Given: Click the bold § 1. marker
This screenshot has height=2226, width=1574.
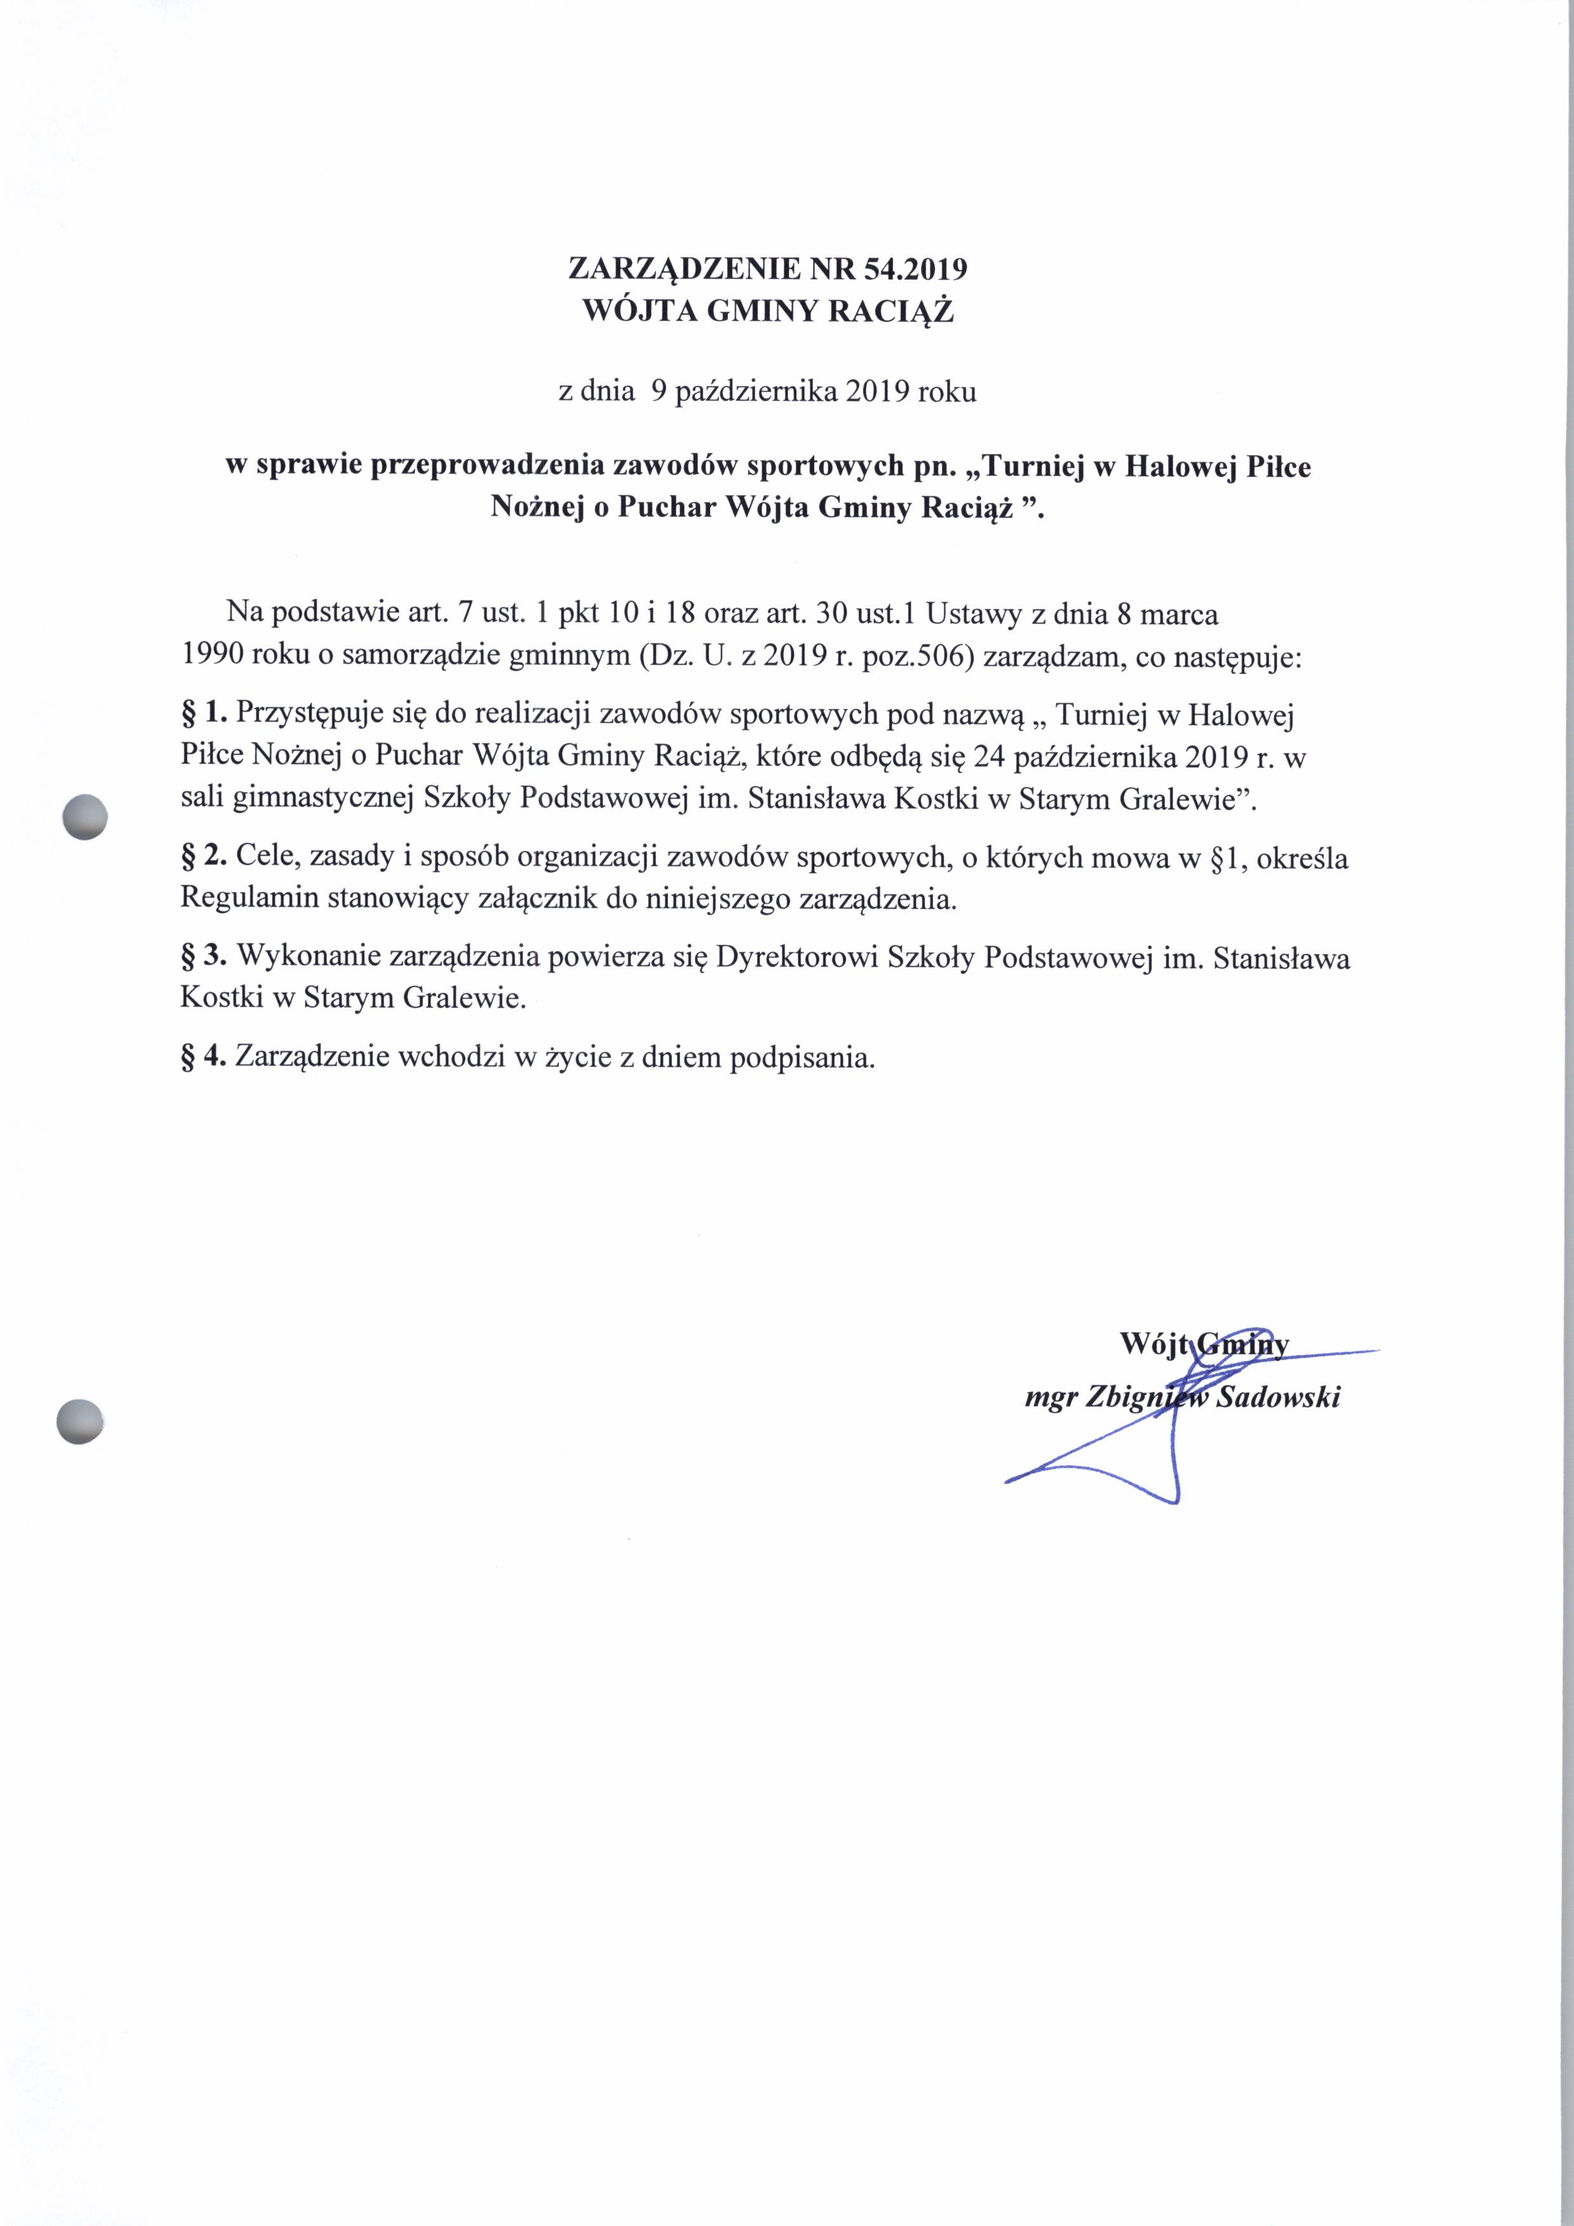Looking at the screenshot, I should [x=204, y=715].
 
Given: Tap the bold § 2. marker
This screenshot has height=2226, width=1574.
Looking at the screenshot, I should [x=204, y=856].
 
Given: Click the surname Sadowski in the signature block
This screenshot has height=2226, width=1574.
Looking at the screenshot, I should [x=1278, y=1398].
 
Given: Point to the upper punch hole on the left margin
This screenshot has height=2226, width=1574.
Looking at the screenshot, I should [x=84, y=816].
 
